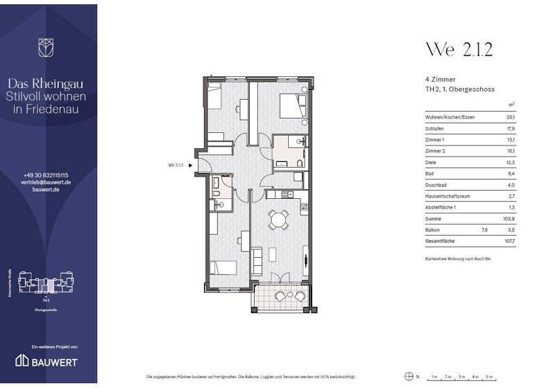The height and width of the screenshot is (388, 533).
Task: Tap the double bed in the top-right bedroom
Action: [x=292, y=108]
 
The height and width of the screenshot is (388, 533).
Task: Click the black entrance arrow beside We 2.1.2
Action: [x=191, y=166]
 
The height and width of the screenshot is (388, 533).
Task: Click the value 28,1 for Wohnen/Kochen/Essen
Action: [x=510, y=118]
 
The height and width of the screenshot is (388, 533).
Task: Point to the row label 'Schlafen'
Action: [x=435, y=129]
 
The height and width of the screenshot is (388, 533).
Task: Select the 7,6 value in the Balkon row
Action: [x=484, y=230]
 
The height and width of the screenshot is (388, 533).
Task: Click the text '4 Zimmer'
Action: [x=440, y=80]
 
